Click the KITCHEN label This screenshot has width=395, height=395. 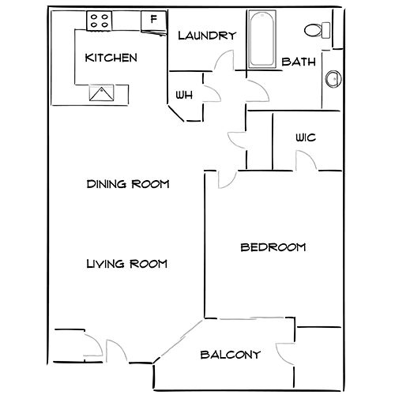111,58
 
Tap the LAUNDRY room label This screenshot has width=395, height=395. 207,36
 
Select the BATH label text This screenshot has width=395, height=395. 299,62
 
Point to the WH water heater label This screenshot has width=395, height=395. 184,95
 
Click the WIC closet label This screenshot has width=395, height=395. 306,137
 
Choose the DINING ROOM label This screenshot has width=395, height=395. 128,184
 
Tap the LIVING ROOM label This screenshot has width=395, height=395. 127,264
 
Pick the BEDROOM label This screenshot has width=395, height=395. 273,247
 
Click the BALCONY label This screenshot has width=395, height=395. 231,355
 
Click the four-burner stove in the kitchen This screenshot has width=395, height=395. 100,21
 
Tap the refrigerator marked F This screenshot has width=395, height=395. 154,21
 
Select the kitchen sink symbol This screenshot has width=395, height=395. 101,92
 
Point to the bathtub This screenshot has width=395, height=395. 261,39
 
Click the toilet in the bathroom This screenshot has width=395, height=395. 318,30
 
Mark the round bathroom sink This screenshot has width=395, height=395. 333,79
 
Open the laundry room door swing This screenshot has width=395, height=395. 224,60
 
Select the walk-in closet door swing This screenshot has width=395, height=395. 306,160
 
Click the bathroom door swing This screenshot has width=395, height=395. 258,90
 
